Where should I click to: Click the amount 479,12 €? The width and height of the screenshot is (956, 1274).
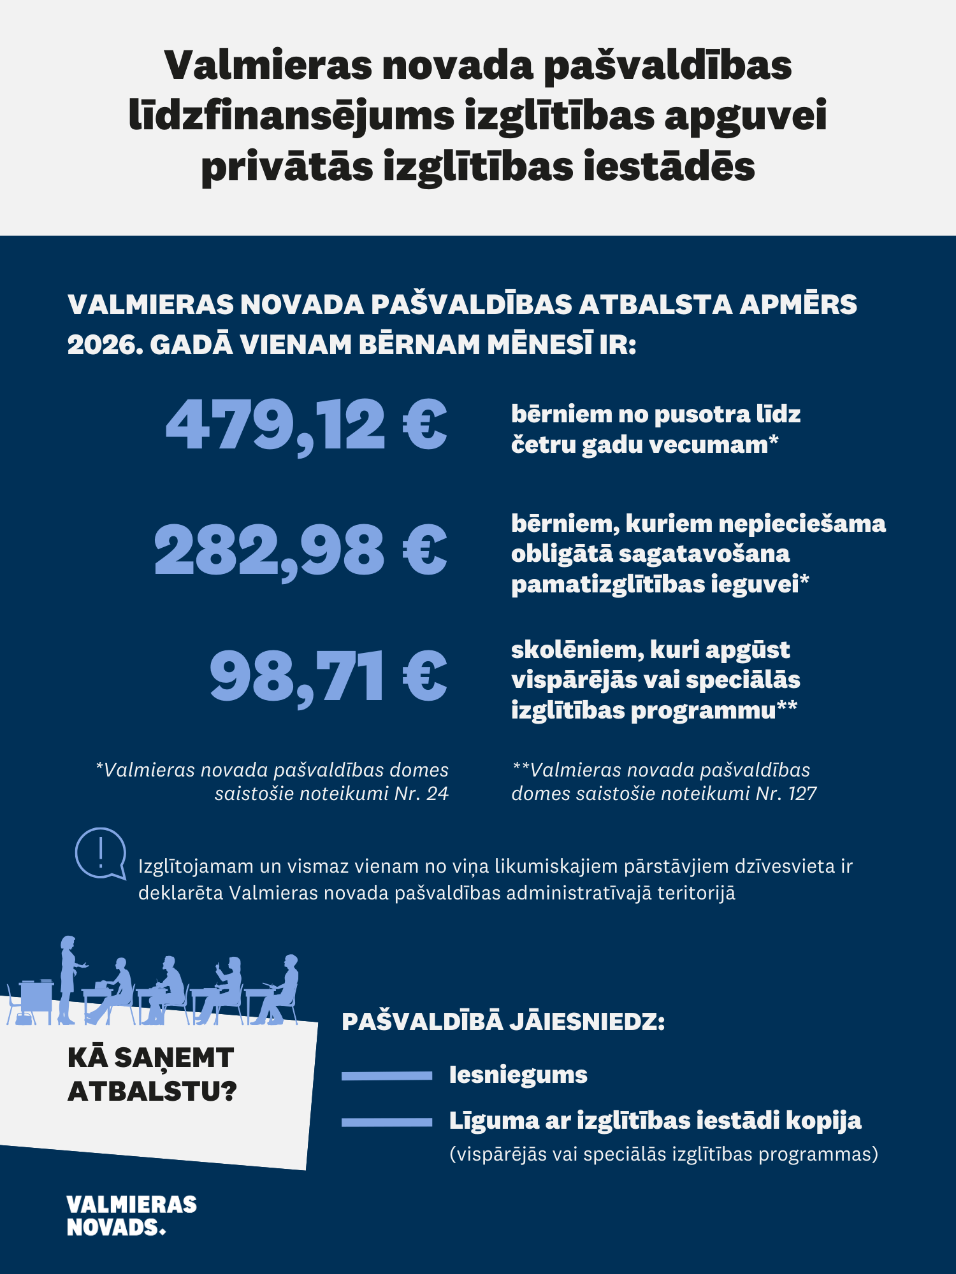(306, 425)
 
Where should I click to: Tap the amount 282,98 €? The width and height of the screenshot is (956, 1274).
(300, 550)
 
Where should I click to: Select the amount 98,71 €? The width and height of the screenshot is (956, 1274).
(328, 676)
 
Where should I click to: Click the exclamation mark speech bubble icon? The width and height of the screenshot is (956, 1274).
(100, 854)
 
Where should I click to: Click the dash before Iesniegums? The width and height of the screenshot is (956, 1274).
(387, 1076)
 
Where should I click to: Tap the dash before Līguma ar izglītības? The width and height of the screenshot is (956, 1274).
(387, 1122)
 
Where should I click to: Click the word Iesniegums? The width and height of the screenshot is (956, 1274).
(518, 1075)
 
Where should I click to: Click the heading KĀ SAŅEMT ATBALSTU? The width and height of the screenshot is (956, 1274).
(152, 1074)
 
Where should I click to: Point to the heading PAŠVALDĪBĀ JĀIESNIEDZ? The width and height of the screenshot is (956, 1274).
(503, 1022)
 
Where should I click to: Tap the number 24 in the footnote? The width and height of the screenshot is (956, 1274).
(437, 794)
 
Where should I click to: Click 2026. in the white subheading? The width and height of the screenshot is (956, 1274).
(105, 345)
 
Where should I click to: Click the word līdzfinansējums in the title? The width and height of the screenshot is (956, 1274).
(292, 116)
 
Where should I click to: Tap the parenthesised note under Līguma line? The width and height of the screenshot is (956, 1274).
(663, 1154)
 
